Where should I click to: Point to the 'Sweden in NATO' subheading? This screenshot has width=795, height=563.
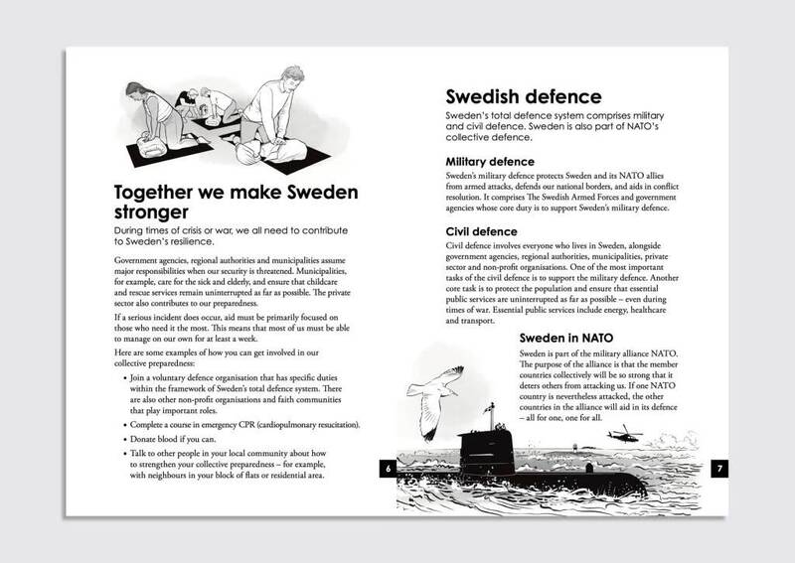pyautogui.click(x=572, y=337)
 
